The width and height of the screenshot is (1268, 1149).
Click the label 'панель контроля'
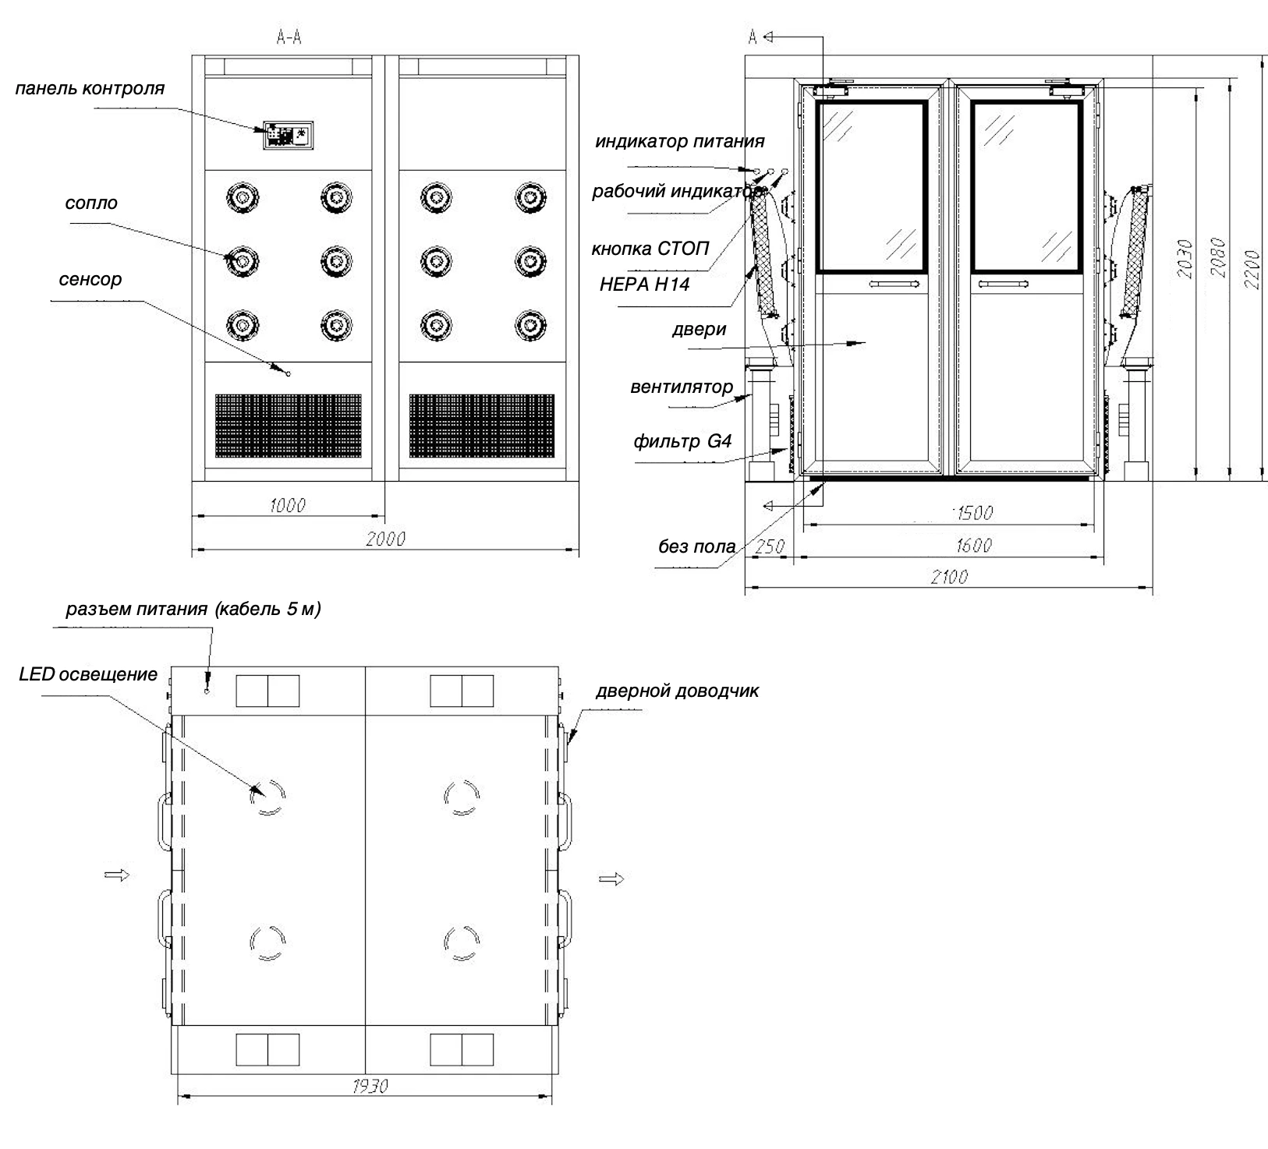[90, 88]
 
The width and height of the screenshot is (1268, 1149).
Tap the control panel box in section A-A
[288, 136]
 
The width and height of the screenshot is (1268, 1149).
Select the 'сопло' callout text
[92, 203]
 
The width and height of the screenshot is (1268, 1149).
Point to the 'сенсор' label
[90, 279]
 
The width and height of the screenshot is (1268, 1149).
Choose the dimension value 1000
[287, 505]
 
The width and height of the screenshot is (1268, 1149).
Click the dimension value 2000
[385, 539]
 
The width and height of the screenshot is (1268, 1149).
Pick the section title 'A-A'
[289, 37]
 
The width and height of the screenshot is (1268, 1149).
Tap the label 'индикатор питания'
[680, 142]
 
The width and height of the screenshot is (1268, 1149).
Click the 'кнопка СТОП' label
[650, 249]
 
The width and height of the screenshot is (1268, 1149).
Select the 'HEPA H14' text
[644, 285]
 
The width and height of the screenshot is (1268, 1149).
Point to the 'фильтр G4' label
[682, 442]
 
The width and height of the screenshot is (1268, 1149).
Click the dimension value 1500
[972, 513]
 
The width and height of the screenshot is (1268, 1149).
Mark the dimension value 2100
[949, 577]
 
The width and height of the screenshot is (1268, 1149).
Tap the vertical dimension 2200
[1252, 269]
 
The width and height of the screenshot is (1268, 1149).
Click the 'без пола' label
[696, 546]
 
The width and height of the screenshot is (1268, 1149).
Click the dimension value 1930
[369, 1086]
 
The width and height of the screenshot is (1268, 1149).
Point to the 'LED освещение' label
[88, 674]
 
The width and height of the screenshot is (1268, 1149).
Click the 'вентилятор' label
[682, 387]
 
